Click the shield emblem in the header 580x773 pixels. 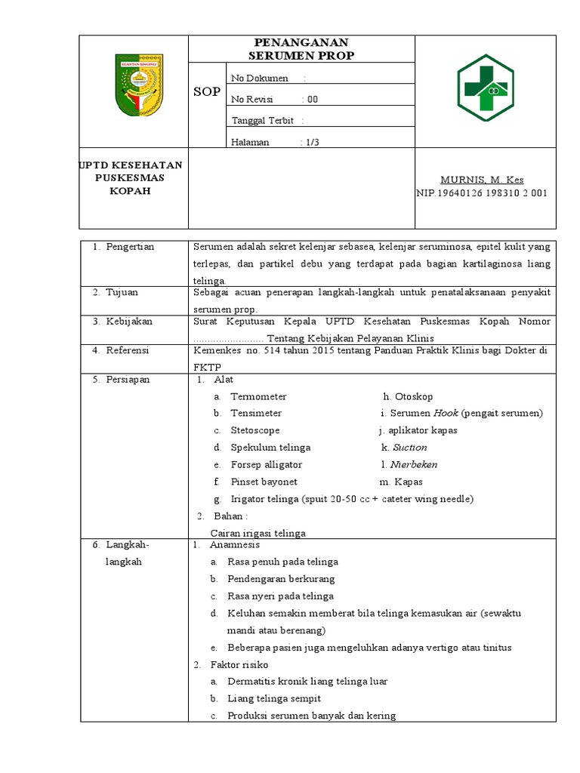(139, 85)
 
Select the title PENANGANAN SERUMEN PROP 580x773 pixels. (301, 49)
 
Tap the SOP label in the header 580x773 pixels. (207, 92)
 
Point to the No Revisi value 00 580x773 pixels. (313, 99)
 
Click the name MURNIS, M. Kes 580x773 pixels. (482, 180)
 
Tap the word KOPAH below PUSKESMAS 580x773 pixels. (132, 191)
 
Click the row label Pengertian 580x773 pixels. (130, 247)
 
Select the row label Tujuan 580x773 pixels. (122, 292)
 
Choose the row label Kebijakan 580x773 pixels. (129, 321)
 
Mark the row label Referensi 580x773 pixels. (128, 350)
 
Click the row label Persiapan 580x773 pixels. (128, 380)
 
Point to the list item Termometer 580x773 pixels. (258, 396)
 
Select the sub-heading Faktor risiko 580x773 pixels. (240, 664)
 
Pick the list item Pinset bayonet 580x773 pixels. (264, 482)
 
